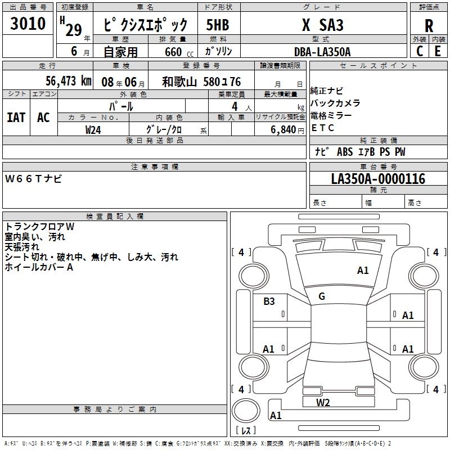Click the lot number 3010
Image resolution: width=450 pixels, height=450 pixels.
click(x=28, y=23)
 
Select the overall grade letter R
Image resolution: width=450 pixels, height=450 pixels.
click(x=429, y=26)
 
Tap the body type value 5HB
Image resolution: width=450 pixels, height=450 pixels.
click(x=218, y=25)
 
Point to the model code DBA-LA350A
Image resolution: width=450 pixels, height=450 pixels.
click(x=322, y=52)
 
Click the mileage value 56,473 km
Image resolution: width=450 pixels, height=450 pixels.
click(x=69, y=81)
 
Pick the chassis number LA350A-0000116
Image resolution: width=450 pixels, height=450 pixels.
click(x=378, y=179)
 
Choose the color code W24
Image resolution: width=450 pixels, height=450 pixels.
click(x=93, y=130)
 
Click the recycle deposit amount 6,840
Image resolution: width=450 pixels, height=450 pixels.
click(x=283, y=130)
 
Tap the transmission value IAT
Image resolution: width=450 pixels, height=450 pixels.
click(x=16, y=118)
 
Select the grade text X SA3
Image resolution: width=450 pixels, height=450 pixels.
click(x=322, y=25)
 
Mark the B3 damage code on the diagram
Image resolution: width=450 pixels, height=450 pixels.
click(x=269, y=301)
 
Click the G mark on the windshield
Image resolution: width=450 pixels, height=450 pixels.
click(x=322, y=296)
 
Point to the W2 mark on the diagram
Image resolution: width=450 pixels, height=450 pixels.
click(x=323, y=402)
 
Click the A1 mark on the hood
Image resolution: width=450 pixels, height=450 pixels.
click(x=363, y=271)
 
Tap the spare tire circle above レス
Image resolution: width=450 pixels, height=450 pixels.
click(x=246, y=411)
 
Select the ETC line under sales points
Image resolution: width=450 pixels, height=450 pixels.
click(x=322, y=128)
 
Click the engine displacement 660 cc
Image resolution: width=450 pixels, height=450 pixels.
click(x=179, y=52)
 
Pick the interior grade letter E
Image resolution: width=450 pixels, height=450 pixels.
click(x=438, y=51)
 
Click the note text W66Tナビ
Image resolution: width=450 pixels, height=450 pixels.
click(x=33, y=178)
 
